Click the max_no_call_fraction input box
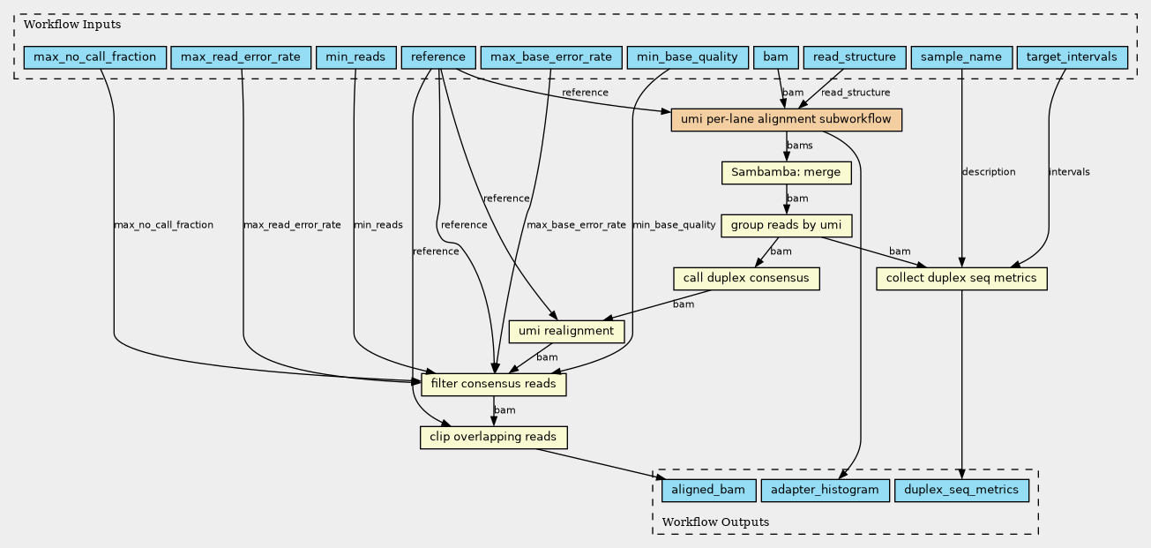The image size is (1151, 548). tap(95, 57)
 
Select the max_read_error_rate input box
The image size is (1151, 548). tap(241, 57)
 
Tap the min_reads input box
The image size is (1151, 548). tap(355, 57)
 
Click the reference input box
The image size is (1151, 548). tap(438, 57)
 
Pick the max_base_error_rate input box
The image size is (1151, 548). tap(551, 57)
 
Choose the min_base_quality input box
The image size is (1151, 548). tap(688, 57)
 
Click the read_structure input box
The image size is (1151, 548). tap(855, 57)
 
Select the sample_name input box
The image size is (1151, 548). tap(961, 57)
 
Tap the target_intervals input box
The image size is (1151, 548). tap(1072, 57)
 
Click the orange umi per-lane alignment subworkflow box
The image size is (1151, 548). tap(786, 120)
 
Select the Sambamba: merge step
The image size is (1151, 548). tap(786, 173)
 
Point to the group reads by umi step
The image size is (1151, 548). tap(786, 226)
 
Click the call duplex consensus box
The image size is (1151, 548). tap(746, 279)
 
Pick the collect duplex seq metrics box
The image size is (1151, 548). tap(961, 279)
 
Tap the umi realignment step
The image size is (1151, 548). tap(566, 332)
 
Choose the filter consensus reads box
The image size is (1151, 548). tap(494, 385)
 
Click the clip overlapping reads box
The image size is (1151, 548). tap(493, 438)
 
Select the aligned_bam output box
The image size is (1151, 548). tap(708, 491)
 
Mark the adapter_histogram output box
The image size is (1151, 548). tap(825, 491)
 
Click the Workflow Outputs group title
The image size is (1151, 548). tap(715, 522)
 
